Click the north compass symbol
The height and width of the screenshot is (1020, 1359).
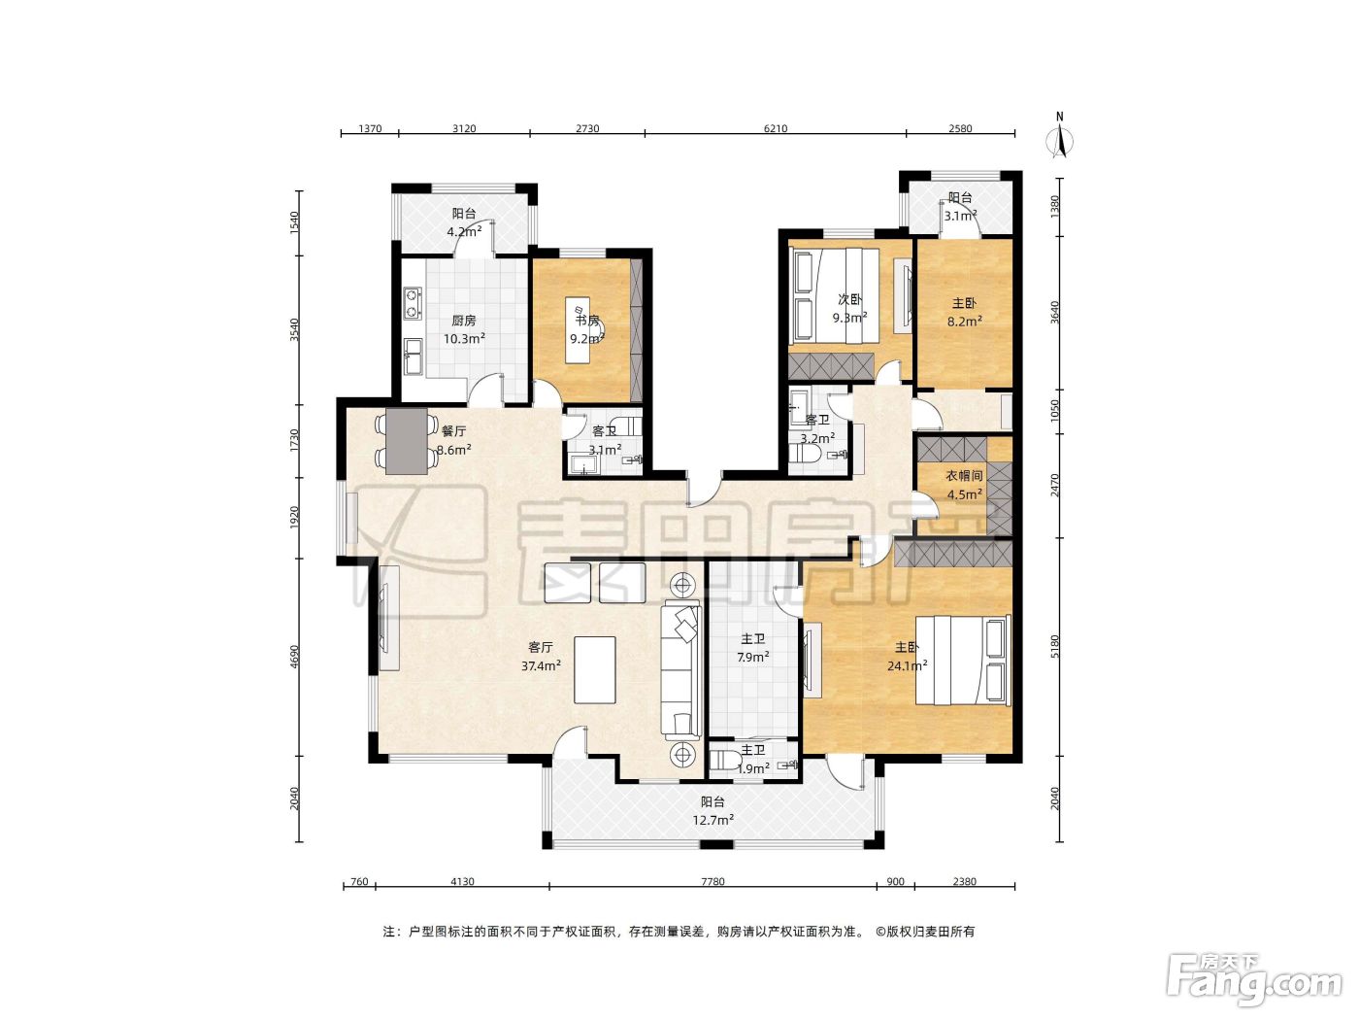(x=1059, y=137)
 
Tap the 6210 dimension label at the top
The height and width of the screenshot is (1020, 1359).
(x=776, y=129)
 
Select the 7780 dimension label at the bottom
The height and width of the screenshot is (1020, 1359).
(x=713, y=881)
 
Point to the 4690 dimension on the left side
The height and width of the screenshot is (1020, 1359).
(x=295, y=657)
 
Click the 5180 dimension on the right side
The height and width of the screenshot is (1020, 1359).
(x=1055, y=646)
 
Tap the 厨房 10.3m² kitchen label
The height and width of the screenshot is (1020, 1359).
(x=464, y=329)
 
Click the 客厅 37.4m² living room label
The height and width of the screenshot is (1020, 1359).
(x=541, y=657)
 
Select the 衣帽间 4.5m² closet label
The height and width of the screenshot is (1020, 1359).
(x=964, y=485)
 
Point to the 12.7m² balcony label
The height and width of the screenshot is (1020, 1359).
(x=713, y=811)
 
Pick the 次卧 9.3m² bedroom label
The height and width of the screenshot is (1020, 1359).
(x=849, y=308)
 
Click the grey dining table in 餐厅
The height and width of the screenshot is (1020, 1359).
(x=407, y=441)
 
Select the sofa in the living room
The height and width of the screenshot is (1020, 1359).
(x=681, y=669)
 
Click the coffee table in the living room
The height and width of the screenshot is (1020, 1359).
(x=594, y=670)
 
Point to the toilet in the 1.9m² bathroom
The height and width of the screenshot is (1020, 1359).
(x=721, y=760)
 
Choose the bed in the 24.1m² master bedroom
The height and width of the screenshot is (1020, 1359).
(x=963, y=660)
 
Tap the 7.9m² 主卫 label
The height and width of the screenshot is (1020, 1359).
(x=753, y=648)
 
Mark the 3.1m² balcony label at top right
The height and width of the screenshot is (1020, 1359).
(x=960, y=207)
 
